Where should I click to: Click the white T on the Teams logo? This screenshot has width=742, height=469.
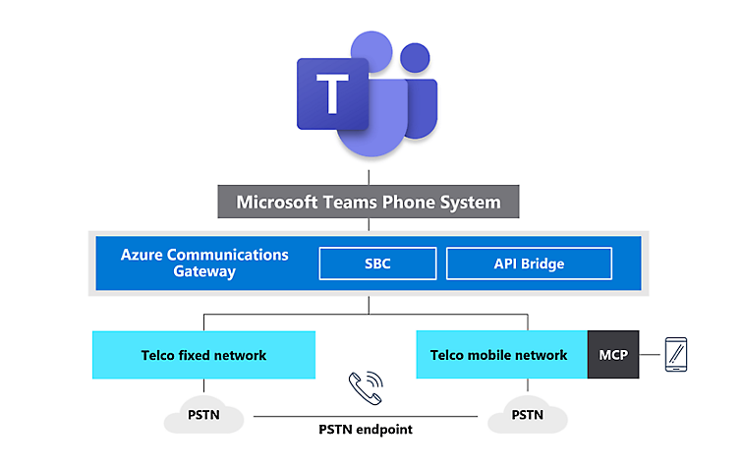pyautogui.click(x=333, y=95)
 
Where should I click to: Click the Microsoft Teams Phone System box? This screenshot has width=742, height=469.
pyautogui.click(x=369, y=203)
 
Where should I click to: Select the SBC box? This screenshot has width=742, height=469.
pyautogui.click(x=377, y=264)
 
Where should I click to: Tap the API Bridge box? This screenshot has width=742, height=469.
pyautogui.click(x=529, y=264)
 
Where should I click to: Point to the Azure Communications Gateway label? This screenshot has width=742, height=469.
pyautogui.click(x=204, y=263)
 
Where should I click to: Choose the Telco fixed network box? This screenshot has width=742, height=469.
pyautogui.click(x=203, y=355)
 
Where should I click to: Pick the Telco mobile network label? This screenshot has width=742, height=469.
pyautogui.click(x=498, y=355)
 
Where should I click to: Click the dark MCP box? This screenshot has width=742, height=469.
pyautogui.click(x=613, y=355)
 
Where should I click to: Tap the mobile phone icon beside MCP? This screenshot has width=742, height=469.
pyautogui.click(x=677, y=354)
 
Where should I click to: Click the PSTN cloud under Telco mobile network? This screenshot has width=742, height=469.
pyautogui.click(x=528, y=415)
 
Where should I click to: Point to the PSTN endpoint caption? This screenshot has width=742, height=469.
pyautogui.click(x=368, y=430)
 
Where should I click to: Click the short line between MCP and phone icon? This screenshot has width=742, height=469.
pyautogui.click(x=651, y=355)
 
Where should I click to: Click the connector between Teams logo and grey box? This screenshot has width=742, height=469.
pyautogui.click(x=369, y=176)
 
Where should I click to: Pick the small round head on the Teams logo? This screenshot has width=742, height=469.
pyautogui.click(x=416, y=58)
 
